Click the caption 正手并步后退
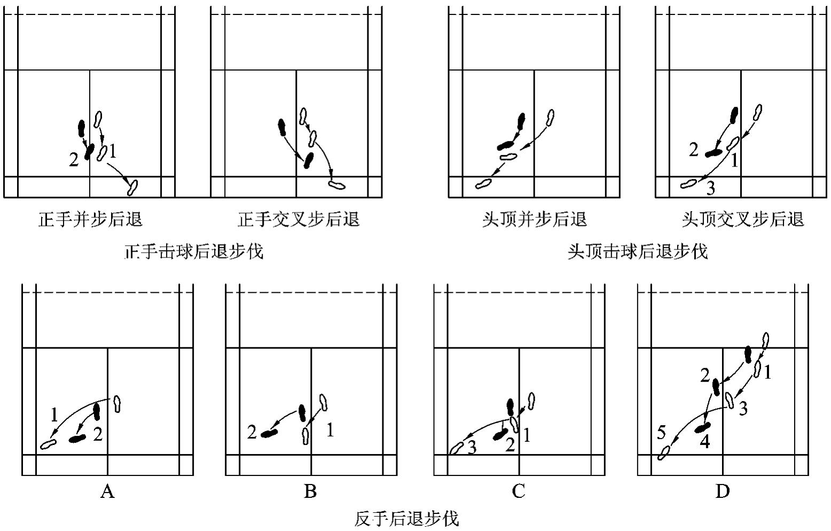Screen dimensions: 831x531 91,220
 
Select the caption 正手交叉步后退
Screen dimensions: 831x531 299,220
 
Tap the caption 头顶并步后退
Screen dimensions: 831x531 534,220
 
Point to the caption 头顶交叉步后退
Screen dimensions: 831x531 743,220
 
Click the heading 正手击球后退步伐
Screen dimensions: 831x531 194,251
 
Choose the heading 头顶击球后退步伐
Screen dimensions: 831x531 638,251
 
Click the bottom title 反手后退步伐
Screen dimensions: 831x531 407,519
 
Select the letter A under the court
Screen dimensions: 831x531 107,491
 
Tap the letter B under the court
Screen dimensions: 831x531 310,491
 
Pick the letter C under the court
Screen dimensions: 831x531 518,491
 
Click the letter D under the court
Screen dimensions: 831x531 722,491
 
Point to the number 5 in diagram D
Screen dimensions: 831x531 661,433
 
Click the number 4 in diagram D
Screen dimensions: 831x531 705,442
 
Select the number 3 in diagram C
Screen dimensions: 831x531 472,448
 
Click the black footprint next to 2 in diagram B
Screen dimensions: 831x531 269,433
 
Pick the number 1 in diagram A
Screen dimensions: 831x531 54,415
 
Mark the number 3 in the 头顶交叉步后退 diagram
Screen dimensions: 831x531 710,188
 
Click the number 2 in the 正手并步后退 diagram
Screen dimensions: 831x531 74,159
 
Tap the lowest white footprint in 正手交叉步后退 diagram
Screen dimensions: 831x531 337,185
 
